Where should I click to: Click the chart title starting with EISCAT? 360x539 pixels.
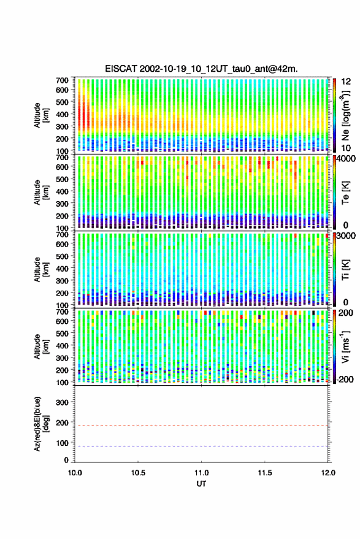coord(201,69)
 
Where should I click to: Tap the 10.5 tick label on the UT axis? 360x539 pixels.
coord(138,473)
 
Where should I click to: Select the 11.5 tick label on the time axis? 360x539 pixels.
coord(264,473)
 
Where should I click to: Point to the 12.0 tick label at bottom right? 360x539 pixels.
coord(328,473)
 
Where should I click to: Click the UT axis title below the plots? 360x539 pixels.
coord(201,484)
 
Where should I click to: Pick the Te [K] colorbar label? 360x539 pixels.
coord(345,193)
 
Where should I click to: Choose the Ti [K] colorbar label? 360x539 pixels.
coord(345,270)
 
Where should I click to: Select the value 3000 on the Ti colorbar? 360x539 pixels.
coord(347,236)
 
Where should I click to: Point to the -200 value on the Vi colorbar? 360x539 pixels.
coord(343,379)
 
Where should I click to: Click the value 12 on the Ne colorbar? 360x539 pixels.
coord(346,82)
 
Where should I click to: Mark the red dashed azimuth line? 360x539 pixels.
coord(201,426)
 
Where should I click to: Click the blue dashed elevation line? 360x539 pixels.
coord(201,446)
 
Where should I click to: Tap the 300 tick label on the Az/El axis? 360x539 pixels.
coord(62,402)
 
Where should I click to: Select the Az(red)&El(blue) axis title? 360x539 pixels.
coord(42,424)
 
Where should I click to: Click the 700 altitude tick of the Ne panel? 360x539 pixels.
coord(62,80)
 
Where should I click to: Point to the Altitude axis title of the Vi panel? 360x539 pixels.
coord(42,346)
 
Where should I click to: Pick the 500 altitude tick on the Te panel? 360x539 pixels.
coord(62,179)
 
